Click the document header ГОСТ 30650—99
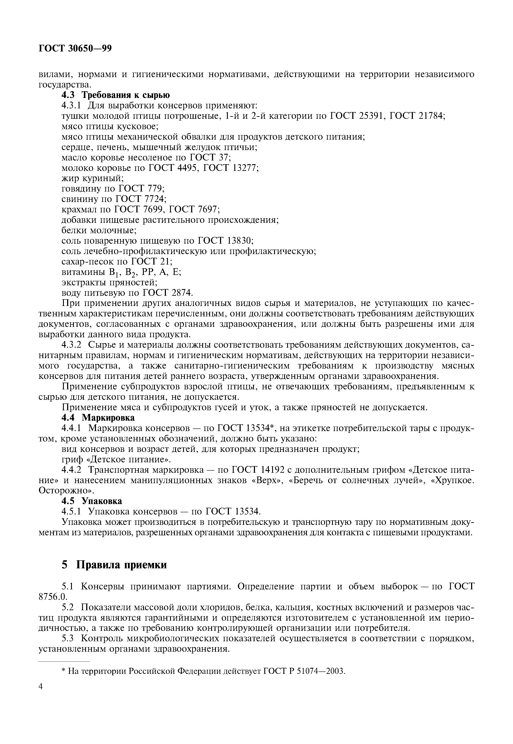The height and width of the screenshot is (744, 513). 75,48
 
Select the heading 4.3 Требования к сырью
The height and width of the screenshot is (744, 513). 115,95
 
